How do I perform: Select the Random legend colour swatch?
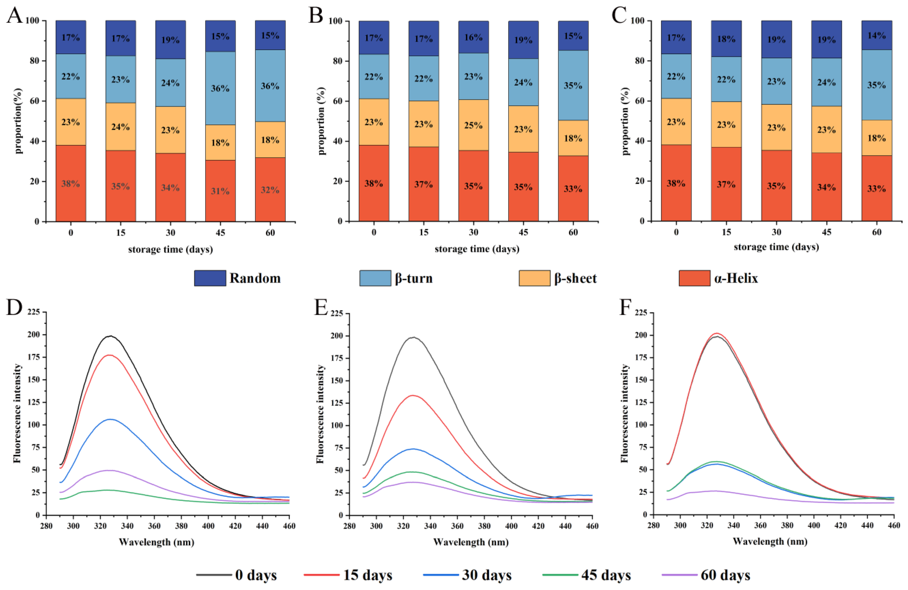[x=210, y=278]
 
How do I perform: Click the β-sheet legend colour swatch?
[x=534, y=278]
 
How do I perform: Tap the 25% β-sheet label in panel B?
[x=473, y=125]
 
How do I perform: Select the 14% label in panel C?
[x=876, y=35]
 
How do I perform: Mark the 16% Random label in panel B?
[x=473, y=37]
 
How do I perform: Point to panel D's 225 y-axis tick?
[x=34, y=312]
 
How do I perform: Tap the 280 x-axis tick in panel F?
[x=653, y=525]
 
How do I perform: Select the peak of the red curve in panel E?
[x=413, y=395]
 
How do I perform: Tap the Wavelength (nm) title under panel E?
[x=471, y=542]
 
